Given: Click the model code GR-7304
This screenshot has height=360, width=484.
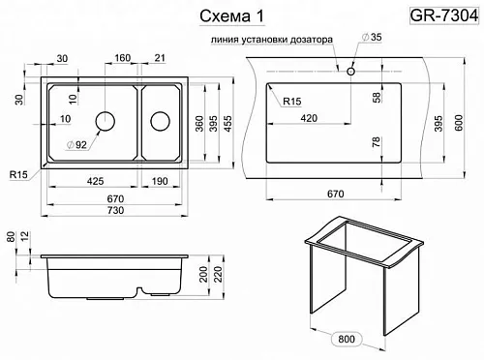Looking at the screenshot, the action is (444, 15).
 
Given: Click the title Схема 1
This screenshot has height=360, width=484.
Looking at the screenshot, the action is (232, 16).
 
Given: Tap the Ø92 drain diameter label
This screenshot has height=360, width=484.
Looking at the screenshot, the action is (76, 145).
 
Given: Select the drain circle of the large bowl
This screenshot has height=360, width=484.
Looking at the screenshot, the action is (106, 121).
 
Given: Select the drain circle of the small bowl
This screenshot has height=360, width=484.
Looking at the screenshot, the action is (160, 121).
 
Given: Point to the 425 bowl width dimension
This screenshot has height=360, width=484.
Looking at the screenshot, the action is (95, 181).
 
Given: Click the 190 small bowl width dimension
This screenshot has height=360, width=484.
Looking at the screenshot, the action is (160, 181).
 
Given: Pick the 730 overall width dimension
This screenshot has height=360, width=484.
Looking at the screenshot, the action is (115, 210).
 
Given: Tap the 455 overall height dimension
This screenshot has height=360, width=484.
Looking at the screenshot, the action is (227, 124).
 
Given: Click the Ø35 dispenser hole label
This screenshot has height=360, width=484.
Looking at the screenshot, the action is (372, 37).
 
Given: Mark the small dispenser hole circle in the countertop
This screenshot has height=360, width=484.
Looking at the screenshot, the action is (350, 72).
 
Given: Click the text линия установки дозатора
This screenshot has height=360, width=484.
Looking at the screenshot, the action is (272, 40).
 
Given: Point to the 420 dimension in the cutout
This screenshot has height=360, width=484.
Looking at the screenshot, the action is (309, 118).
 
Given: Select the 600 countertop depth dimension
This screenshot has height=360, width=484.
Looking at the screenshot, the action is (458, 123).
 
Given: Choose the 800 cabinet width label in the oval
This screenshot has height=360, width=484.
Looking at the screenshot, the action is (347, 339).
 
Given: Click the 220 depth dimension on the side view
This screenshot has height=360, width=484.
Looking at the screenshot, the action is (219, 274).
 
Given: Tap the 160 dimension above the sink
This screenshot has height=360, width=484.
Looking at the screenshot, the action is (123, 58).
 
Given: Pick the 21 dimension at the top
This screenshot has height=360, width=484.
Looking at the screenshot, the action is (160, 58).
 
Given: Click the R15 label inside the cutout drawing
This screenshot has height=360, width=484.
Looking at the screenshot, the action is (292, 102).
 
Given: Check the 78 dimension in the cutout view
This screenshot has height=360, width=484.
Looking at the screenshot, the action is (377, 142).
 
